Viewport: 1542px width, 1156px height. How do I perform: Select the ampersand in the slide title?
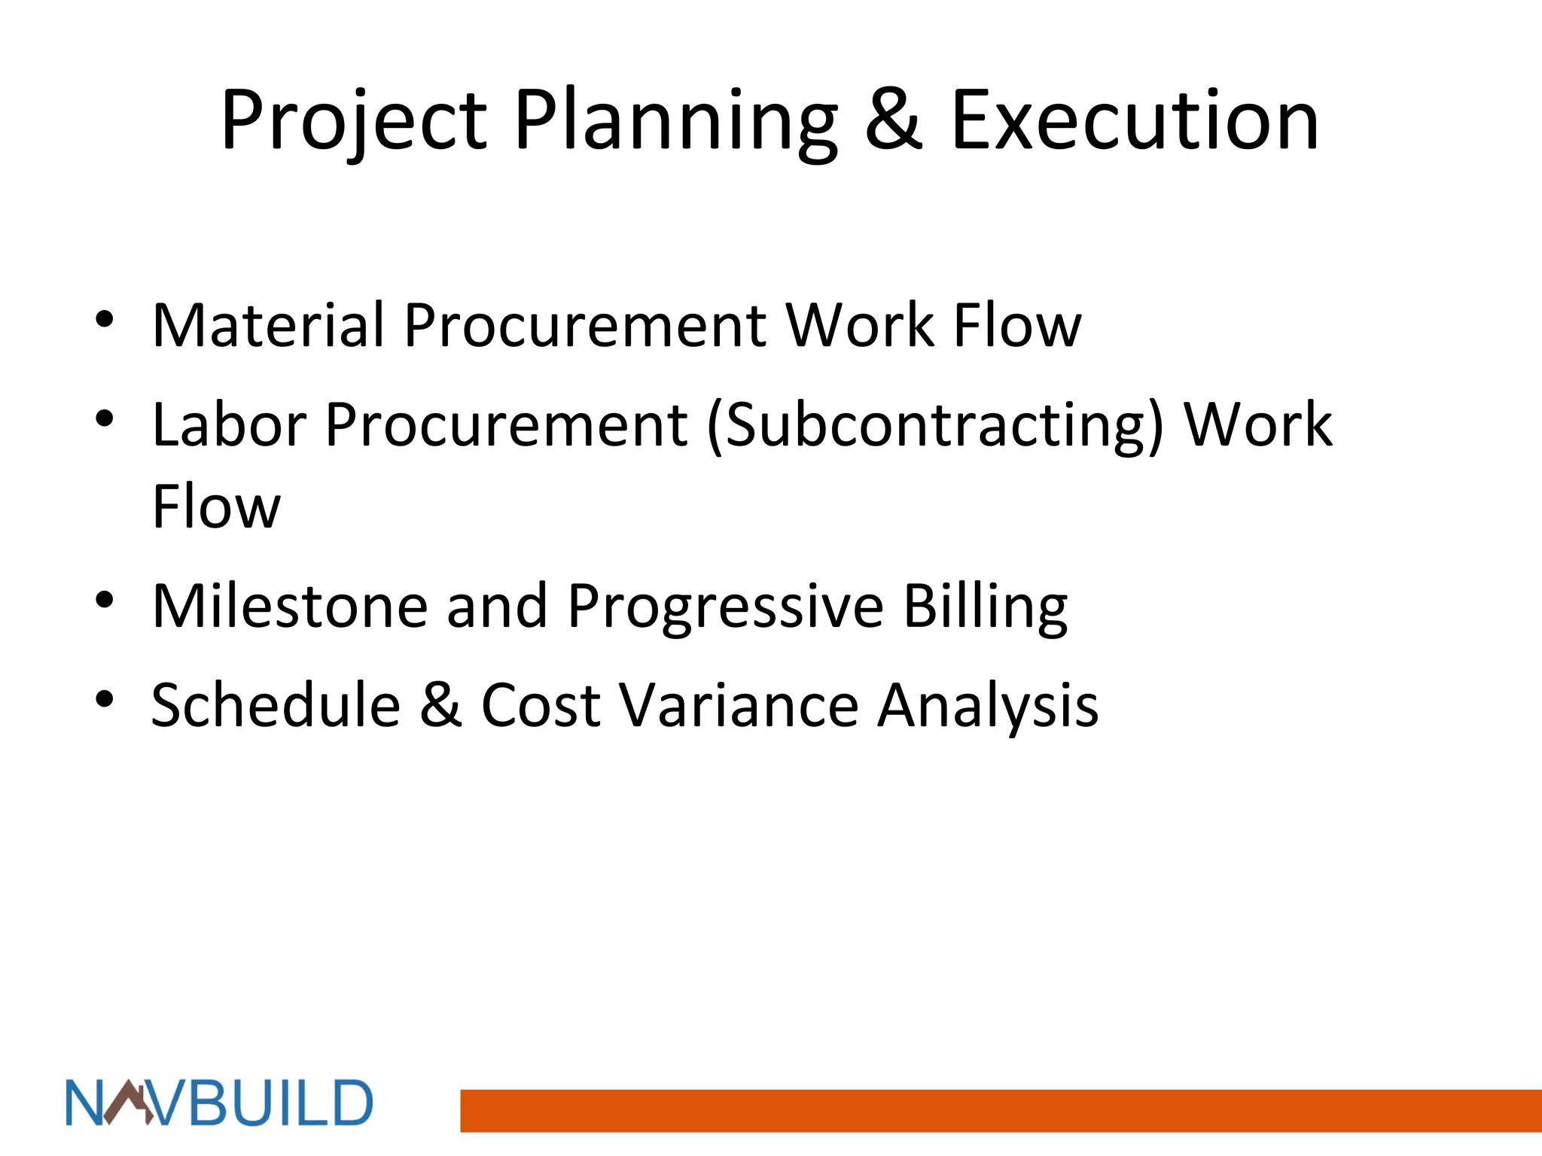tap(893, 120)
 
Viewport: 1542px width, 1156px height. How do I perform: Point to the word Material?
tap(268, 325)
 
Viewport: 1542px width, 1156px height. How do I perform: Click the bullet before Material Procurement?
tap(105, 320)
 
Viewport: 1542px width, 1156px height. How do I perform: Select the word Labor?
tap(229, 425)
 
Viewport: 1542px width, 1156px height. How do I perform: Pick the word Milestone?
tap(290, 606)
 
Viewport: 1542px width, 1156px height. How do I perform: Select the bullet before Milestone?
tap(105, 601)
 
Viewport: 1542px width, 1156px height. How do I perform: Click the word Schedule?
tap(276, 705)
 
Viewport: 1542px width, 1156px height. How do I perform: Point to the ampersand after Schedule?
tap(440, 705)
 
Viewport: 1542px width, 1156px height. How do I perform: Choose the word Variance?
tap(739, 705)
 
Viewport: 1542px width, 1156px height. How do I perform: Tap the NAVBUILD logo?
tap(219, 1103)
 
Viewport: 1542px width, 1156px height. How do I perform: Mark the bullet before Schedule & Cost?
tap(105, 700)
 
